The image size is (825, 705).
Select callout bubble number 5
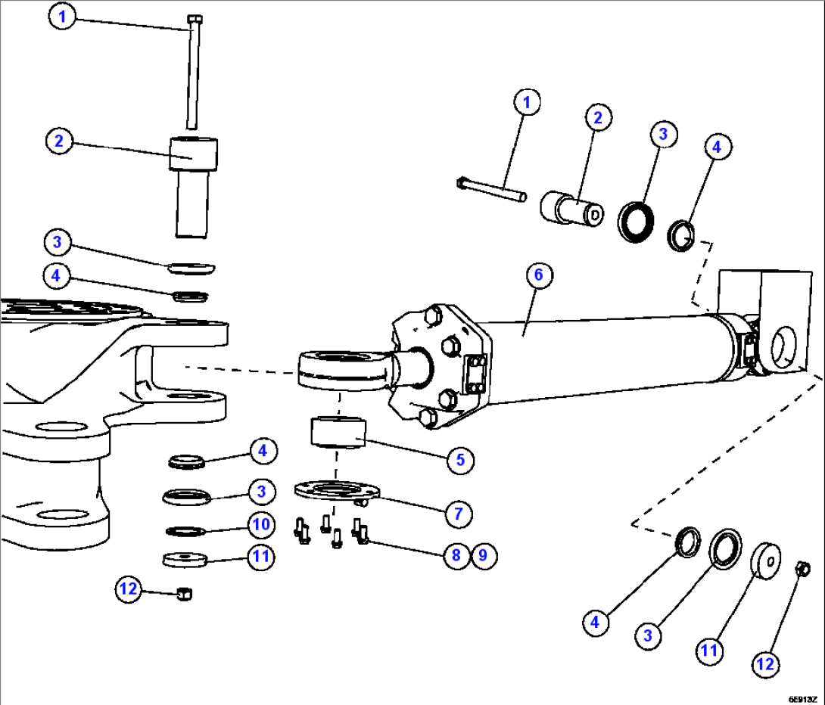click(459, 460)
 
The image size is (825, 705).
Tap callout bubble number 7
click(458, 513)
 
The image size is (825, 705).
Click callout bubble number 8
click(456, 555)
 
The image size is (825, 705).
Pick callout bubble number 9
click(484, 555)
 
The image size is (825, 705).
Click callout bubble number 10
click(261, 523)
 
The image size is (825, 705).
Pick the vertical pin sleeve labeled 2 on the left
click(192, 185)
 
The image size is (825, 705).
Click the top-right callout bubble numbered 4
click(718, 148)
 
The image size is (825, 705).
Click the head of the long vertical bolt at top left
click(194, 20)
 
